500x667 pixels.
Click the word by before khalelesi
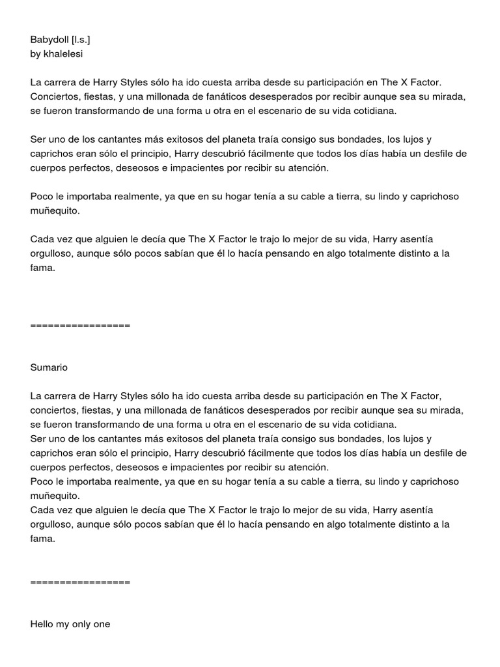(35, 54)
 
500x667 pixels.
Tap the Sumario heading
(49, 367)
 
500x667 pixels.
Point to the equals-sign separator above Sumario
(80, 325)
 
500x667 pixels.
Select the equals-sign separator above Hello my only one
(80, 582)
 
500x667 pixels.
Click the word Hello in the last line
(42, 624)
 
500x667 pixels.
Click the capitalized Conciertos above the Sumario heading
(57, 97)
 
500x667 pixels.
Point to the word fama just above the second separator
(42, 539)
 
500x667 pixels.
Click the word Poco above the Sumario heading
(41, 197)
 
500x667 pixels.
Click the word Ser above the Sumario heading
(38, 139)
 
